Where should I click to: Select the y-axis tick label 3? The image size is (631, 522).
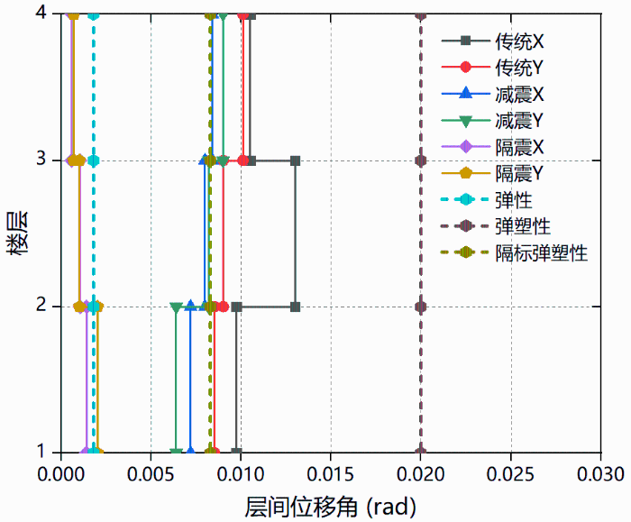pyautogui.click(x=42, y=160)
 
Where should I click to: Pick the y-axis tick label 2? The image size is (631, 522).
pyautogui.click(x=42, y=307)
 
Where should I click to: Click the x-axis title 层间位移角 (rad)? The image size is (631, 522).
pyautogui.click(x=330, y=504)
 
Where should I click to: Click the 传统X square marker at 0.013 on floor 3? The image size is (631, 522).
pyautogui.click(x=295, y=160)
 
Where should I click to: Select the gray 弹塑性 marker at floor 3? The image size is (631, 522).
pyautogui.click(x=420, y=160)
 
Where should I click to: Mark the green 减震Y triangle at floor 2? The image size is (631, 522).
pyautogui.click(x=176, y=307)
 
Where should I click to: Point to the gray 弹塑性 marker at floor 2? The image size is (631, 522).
pyautogui.click(x=420, y=307)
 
